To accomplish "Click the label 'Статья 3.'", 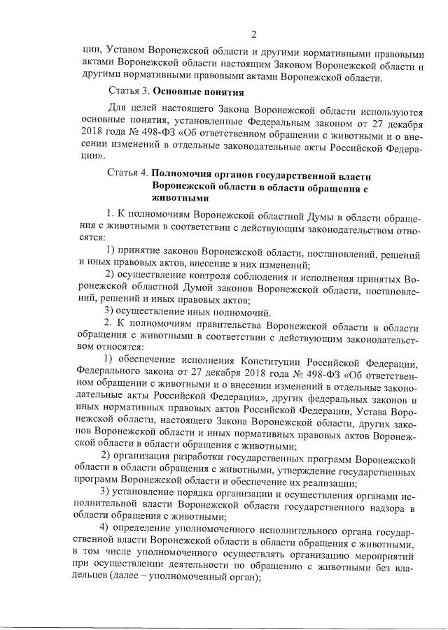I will [128, 91].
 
